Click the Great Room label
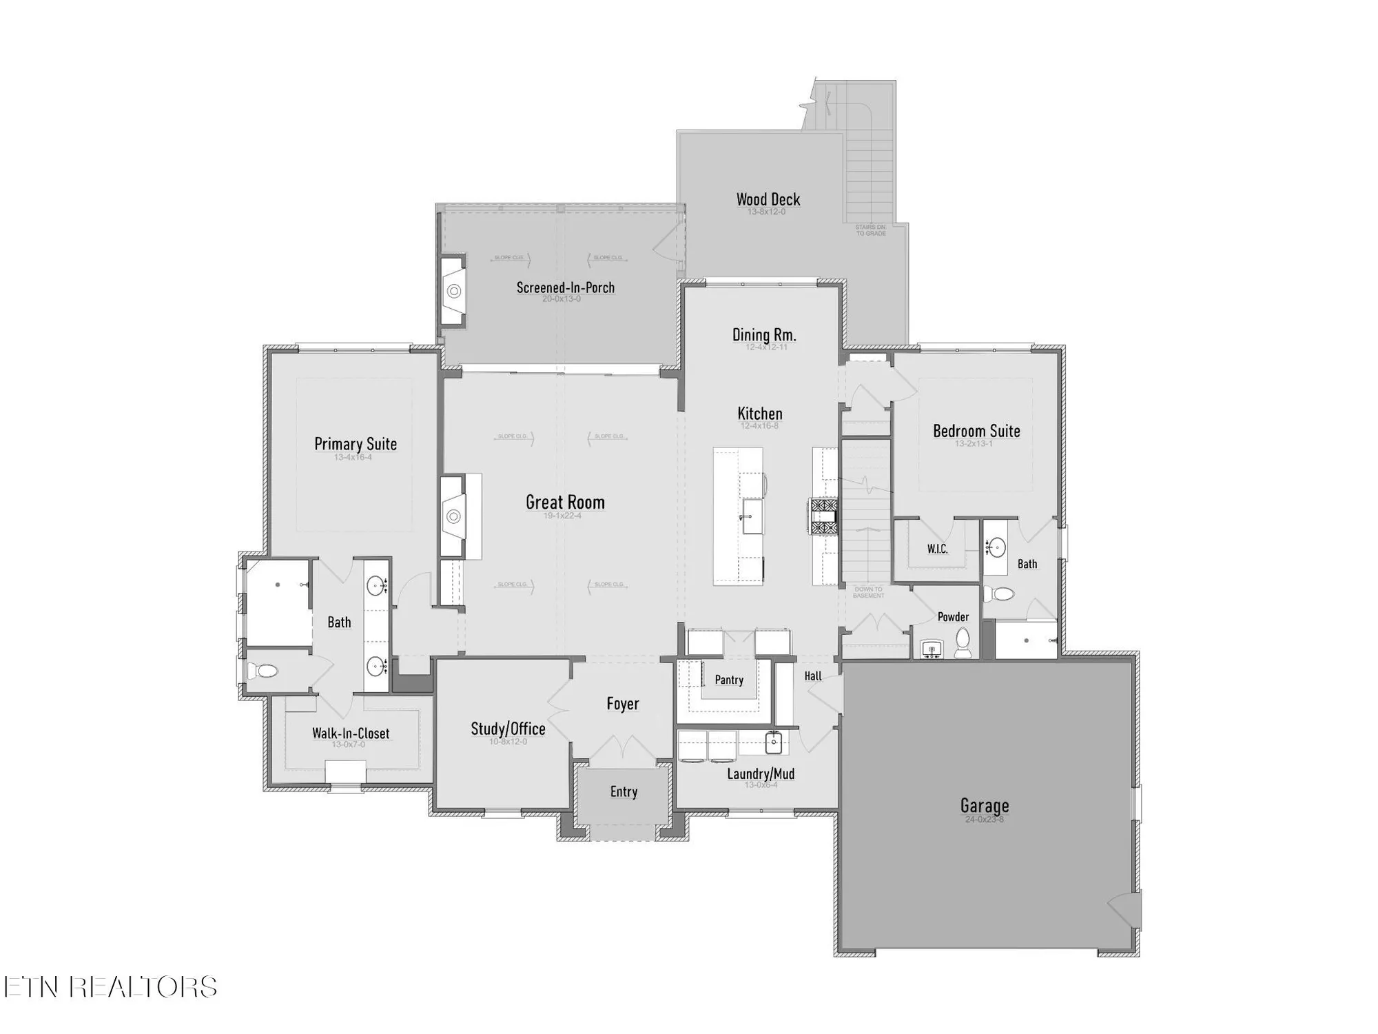point(565,503)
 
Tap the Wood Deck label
point(768,200)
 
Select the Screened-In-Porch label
point(566,287)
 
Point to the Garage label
point(985,806)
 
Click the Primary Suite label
point(356,444)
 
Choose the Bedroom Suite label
point(976,431)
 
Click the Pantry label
point(729,680)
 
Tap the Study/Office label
point(508,729)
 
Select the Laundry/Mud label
point(761,774)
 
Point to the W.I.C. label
point(937,549)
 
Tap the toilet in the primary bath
point(263,671)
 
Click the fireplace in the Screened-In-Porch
point(453,292)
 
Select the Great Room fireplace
point(453,516)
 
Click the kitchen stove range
point(823,517)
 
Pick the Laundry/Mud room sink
point(773,743)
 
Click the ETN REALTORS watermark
point(110,987)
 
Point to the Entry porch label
point(624,792)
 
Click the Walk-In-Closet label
point(351,733)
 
